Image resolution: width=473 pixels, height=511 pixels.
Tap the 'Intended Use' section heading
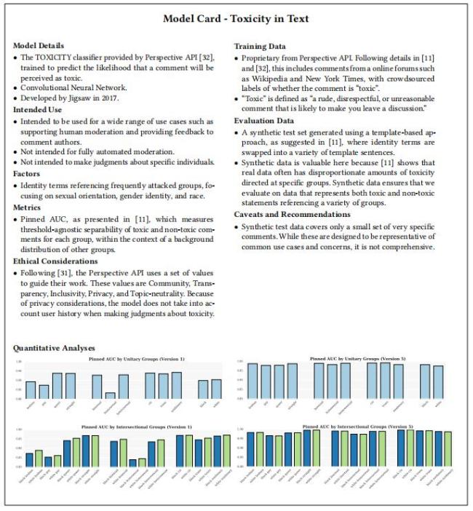pos(37,109)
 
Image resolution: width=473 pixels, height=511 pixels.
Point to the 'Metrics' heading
pos(28,205)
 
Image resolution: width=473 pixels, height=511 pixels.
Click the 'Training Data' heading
pos(260,45)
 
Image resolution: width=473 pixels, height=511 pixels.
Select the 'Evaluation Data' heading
pos(264,120)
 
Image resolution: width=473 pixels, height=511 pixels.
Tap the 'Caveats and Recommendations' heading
pos(287,215)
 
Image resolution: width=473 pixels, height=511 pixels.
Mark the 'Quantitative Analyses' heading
pos(54,348)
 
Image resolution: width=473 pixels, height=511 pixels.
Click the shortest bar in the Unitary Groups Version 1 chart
pos(111,395)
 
